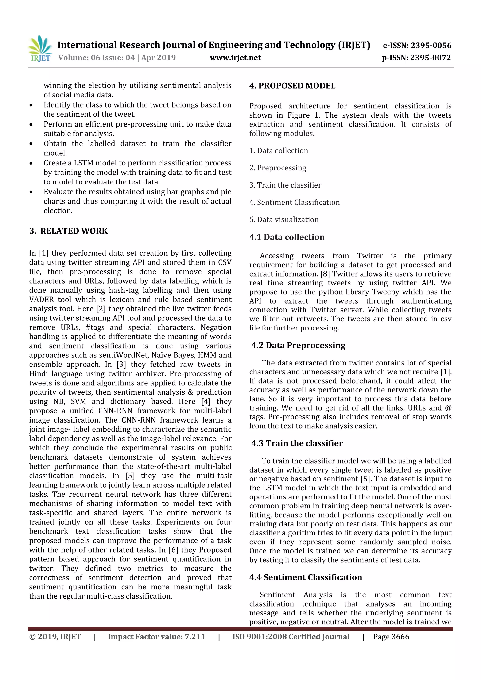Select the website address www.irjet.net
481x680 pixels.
click(x=235, y=58)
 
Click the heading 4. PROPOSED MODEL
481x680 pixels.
click(x=292, y=86)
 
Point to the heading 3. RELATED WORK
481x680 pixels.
click(x=68, y=231)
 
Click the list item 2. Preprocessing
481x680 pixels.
click(x=278, y=168)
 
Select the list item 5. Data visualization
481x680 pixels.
click(x=284, y=219)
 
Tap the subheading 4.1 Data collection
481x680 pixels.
click(x=287, y=237)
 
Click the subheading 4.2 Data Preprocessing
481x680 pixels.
click(x=298, y=345)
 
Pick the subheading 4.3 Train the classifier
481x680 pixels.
click(x=297, y=443)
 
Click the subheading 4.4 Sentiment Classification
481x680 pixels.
click(x=306, y=577)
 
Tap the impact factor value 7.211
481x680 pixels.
click(x=195, y=637)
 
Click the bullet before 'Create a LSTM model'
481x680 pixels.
click(x=31, y=163)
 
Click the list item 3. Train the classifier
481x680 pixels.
click(x=285, y=185)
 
